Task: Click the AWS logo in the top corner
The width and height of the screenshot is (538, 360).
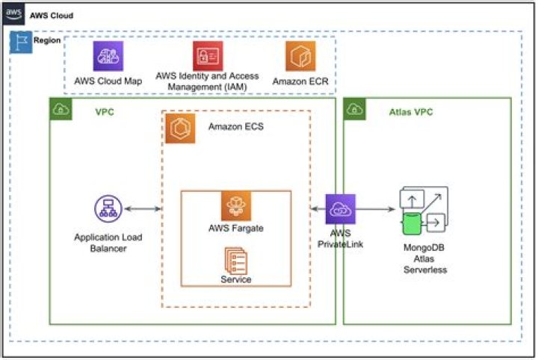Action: coord(13,14)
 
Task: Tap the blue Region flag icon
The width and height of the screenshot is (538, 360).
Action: coord(21,42)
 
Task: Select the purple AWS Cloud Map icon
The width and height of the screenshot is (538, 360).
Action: coord(108,56)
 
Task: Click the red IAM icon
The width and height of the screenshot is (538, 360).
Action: coord(208,56)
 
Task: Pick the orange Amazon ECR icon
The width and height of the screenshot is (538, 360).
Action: coord(300,56)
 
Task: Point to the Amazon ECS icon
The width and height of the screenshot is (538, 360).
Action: coord(181,128)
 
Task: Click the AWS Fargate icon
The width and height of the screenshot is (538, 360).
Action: coord(236,206)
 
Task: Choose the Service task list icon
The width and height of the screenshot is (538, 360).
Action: coord(235,261)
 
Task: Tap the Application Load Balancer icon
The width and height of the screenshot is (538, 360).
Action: coord(108,209)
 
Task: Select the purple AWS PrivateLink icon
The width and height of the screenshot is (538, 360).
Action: coord(341,209)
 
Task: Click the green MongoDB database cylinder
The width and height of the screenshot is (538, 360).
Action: coord(412,223)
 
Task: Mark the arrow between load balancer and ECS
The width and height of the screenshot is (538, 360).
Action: coord(143,209)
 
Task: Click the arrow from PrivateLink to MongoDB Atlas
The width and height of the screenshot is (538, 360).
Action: coord(375,209)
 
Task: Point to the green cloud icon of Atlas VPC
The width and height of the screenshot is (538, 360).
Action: coord(354,109)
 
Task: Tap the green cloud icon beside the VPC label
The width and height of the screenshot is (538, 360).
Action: coord(61,109)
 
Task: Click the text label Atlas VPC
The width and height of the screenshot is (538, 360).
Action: coord(411,112)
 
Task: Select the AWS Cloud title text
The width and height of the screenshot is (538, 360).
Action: coord(52,16)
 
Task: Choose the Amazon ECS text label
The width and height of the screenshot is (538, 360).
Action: coord(236,126)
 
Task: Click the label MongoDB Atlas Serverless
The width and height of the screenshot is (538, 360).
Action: coord(424,258)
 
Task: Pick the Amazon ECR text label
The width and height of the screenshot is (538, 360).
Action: coord(300,81)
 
